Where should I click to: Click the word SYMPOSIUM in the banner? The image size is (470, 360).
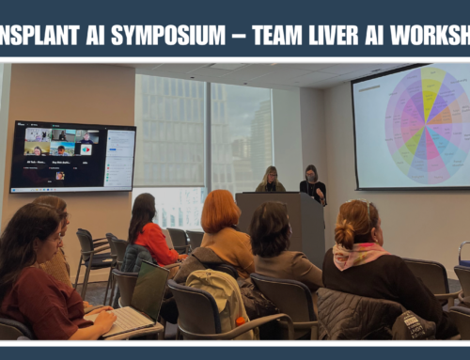click(x=168, y=36)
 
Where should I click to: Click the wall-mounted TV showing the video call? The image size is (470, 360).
click(x=72, y=156)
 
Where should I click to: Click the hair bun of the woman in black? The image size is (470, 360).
click(x=345, y=234)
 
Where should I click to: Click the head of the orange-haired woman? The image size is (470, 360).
click(x=221, y=211)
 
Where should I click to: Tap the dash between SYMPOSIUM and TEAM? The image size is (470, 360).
click(x=239, y=37)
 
